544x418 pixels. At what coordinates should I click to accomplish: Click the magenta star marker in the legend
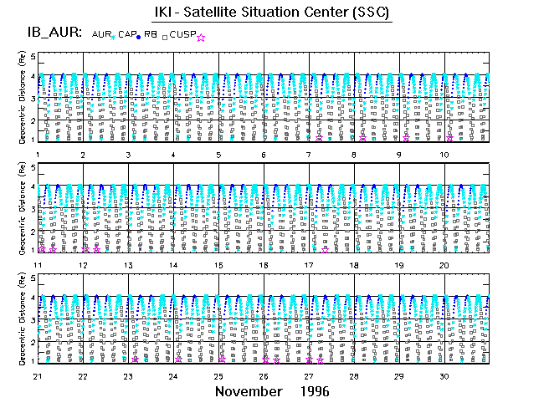click(200, 37)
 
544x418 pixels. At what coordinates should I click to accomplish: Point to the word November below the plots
click(249, 391)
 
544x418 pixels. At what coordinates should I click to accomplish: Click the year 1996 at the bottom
click(311, 391)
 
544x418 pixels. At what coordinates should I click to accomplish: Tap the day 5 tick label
click(218, 155)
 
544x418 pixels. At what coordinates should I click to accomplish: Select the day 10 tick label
click(445, 155)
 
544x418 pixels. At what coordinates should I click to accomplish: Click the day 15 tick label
click(218, 265)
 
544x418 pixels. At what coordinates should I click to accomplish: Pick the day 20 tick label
click(445, 265)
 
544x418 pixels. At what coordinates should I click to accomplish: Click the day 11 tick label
click(38, 265)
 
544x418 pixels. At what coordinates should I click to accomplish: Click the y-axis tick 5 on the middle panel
click(33, 168)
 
